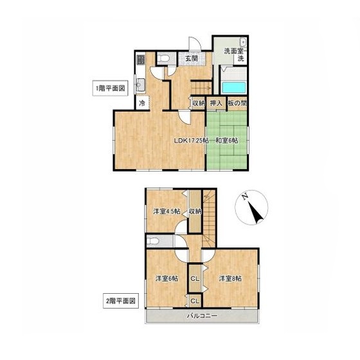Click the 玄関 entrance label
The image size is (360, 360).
192,59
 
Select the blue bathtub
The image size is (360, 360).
234,87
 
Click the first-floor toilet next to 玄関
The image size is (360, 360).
163,58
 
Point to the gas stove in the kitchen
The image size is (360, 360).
140,59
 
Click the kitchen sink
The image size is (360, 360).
140,85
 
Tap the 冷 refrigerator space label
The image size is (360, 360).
142,104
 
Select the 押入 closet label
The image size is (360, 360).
216,104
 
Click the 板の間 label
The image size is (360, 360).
237,104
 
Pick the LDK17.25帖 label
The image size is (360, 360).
192,141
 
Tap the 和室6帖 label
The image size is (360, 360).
226,141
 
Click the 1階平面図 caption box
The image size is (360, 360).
110,88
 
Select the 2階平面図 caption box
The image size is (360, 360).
121,301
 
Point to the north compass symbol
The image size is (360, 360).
252,207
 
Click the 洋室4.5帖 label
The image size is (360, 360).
166,212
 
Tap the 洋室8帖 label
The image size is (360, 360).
230,279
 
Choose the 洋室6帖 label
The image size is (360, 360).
166,279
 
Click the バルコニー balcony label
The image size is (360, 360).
202,316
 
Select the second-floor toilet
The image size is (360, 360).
153,241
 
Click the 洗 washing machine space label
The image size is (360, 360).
240,59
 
